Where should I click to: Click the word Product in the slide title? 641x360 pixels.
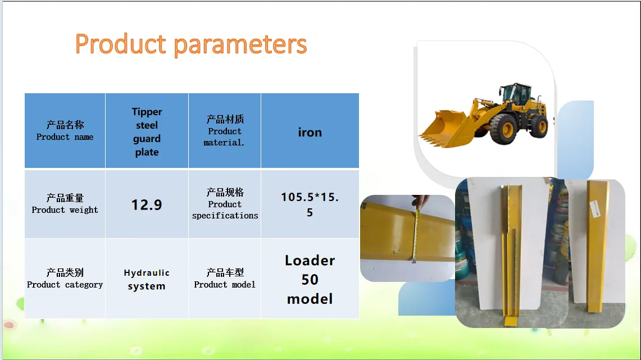coord(121,44)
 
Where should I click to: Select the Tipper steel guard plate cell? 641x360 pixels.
coord(147,131)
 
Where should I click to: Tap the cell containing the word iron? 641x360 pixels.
coord(310,131)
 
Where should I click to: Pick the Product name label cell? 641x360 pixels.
coord(65,131)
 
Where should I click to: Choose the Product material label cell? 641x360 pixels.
coord(224,131)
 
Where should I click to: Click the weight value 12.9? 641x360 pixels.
coord(147,205)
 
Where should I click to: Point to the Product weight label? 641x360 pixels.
coord(65,204)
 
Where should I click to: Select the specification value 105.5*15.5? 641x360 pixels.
coord(310,204)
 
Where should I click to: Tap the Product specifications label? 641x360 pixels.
coord(225,204)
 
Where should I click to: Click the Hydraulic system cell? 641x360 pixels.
coord(147,279)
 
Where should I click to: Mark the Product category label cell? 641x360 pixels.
coord(65,279)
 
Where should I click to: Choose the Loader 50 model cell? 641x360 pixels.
coord(310,279)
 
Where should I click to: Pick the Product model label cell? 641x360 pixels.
coord(224,279)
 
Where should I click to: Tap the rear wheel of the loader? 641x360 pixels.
coord(539,126)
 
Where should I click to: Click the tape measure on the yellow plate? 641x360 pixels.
coord(416,235)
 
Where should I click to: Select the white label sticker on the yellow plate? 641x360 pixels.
coord(595,209)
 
